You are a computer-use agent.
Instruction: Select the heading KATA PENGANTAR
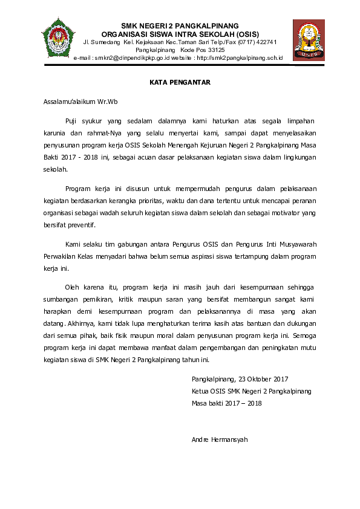pyautogui.click(x=180, y=82)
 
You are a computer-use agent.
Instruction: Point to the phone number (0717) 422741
pyautogui.click(x=256, y=42)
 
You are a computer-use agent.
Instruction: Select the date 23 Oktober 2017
pyautogui.click(x=264, y=380)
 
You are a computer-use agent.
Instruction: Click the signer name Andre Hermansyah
pyautogui.click(x=220, y=439)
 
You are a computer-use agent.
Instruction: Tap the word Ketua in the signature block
pyautogui.click(x=201, y=391)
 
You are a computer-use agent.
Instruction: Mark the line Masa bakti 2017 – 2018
pyautogui.click(x=226, y=403)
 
